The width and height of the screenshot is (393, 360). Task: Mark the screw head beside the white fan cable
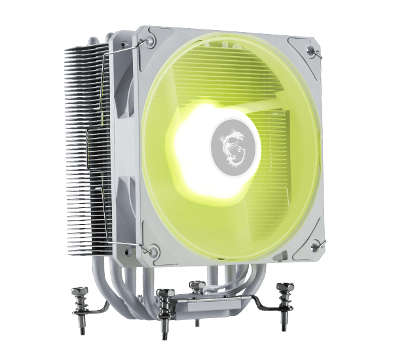(x=196, y=283)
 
